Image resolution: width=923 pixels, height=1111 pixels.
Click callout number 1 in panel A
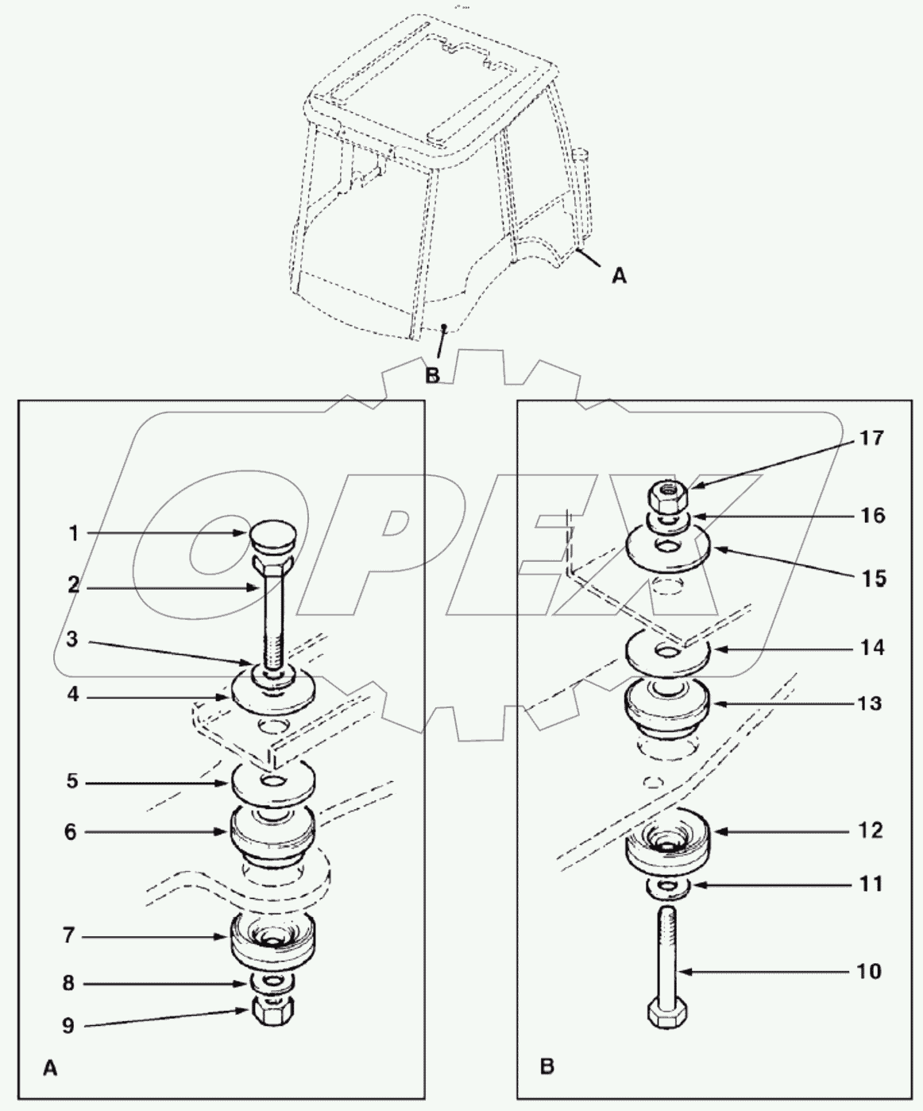click(x=73, y=534)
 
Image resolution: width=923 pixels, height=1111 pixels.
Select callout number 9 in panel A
click(x=69, y=1026)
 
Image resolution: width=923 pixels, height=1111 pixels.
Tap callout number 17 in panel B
click(x=871, y=438)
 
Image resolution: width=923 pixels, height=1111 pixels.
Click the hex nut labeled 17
click(x=668, y=497)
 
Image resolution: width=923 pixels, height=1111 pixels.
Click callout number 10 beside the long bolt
click(x=871, y=971)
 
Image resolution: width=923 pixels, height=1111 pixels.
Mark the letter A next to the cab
click(x=619, y=276)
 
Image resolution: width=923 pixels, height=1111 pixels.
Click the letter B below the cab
click(x=433, y=374)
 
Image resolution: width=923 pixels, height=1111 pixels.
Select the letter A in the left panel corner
click(x=49, y=1070)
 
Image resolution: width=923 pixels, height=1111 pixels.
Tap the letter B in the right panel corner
click(x=546, y=1066)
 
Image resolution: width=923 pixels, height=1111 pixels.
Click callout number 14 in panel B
click(x=871, y=648)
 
